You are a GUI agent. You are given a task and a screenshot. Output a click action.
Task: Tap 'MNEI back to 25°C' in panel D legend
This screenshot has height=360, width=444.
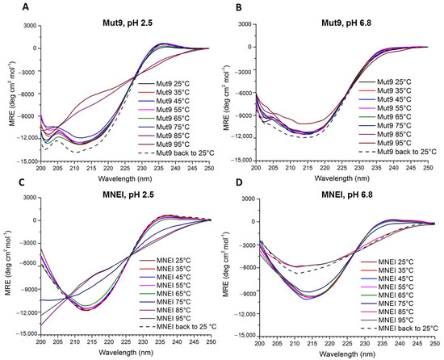point(408,329)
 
